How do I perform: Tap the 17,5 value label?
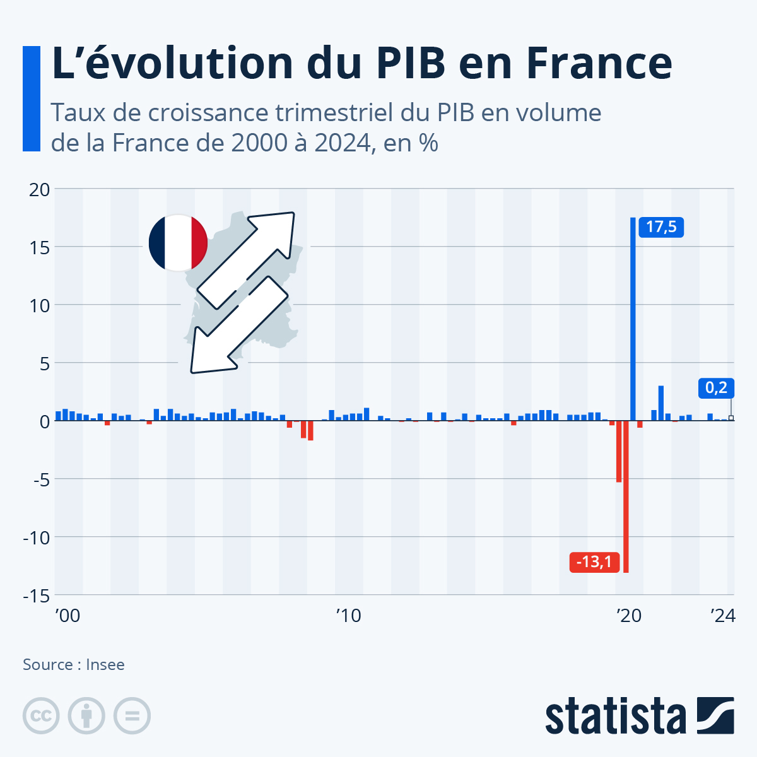[x=661, y=227]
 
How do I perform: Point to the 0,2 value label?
[x=716, y=388]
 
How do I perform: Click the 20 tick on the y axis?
[x=39, y=189]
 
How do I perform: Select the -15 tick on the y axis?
[x=37, y=595]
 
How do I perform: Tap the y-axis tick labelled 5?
[x=44, y=363]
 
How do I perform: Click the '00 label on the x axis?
[x=67, y=616]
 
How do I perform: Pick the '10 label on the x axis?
[x=348, y=616]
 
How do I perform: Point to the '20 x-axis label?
[x=628, y=616]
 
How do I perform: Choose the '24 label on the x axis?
[x=723, y=616]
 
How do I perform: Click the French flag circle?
[x=178, y=243]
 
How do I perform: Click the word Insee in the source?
[x=105, y=665]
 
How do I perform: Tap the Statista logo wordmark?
[x=615, y=716]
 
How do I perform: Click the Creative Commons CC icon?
[x=41, y=716]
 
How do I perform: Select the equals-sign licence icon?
[x=132, y=716]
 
